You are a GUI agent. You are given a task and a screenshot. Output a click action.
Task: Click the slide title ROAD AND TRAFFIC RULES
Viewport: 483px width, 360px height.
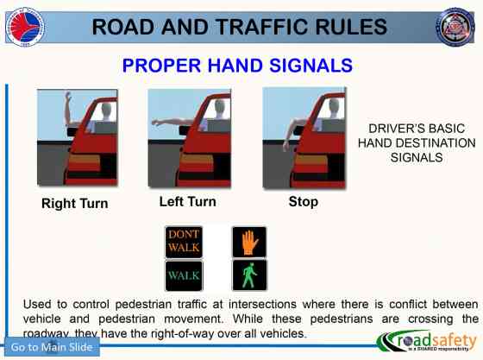click(241, 26)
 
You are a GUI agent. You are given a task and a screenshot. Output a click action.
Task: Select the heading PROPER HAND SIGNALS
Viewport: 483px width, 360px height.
click(237, 66)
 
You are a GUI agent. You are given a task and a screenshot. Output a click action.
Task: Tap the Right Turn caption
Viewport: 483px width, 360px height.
click(75, 205)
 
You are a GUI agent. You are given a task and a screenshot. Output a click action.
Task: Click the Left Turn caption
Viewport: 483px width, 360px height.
click(187, 202)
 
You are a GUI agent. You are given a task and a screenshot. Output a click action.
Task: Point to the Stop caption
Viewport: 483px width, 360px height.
click(303, 202)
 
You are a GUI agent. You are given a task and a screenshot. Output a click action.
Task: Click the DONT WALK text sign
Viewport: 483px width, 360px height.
click(184, 241)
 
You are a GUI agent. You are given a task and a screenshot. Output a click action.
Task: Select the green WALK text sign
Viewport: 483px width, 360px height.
click(184, 275)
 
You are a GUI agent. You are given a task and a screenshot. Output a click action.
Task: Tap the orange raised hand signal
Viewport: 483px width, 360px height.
click(249, 242)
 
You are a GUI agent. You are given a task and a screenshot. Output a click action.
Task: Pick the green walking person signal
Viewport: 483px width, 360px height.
click(249, 275)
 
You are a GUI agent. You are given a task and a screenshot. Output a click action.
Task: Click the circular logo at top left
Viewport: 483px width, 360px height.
click(25, 25)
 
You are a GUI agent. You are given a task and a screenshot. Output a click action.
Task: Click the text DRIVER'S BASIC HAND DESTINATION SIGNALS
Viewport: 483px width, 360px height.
click(416, 143)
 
